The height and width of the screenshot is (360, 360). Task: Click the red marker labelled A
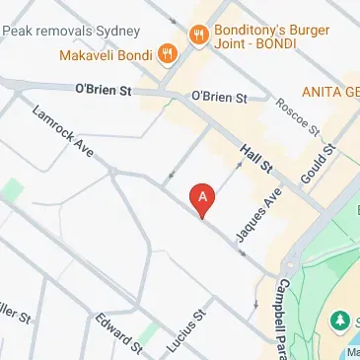pos(203,199)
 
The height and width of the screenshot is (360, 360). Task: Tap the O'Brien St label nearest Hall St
pos(219,97)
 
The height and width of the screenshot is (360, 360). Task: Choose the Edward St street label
pos(118,331)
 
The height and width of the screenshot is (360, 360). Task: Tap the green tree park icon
pos(341,322)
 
